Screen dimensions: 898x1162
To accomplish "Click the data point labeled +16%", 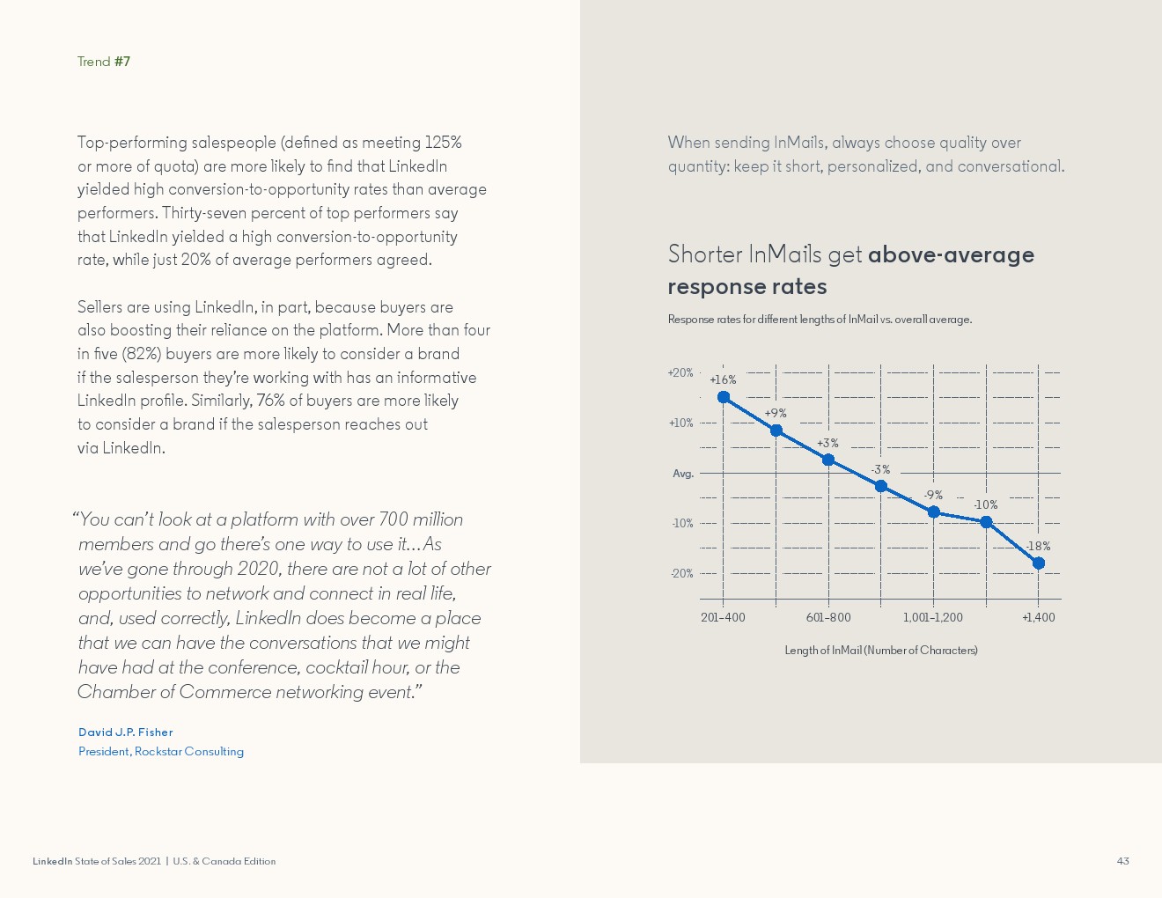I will [724, 397].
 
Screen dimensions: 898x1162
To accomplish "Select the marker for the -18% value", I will [1039, 563].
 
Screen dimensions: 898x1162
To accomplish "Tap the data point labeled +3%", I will [828, 460].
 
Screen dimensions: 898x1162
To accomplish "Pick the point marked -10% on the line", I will [986, 522].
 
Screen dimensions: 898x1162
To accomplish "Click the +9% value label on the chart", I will [776, 413].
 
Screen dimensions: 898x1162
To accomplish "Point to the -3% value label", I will [880, 469].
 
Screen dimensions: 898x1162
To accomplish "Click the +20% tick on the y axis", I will [680, 373].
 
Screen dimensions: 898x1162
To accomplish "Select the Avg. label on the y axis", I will [683, 474].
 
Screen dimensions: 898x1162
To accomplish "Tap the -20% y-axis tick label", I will [682, 574].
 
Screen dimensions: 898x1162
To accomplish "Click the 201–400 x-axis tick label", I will [723, 617].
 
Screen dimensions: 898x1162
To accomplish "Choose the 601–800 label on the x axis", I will [828, 617].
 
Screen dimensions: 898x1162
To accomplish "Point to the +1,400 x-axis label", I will [1039, 617].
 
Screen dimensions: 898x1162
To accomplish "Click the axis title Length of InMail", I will [881, 651].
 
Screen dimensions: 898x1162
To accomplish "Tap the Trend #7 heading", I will [104, 62].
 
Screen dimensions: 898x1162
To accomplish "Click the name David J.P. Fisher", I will [126, 732].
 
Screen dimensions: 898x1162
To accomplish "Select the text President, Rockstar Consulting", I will [161, 752].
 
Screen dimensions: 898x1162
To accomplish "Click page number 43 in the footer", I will [1122, 861].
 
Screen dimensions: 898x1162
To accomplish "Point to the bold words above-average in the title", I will [951, 254].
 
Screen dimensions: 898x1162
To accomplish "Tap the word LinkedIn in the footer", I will [52, 861].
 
